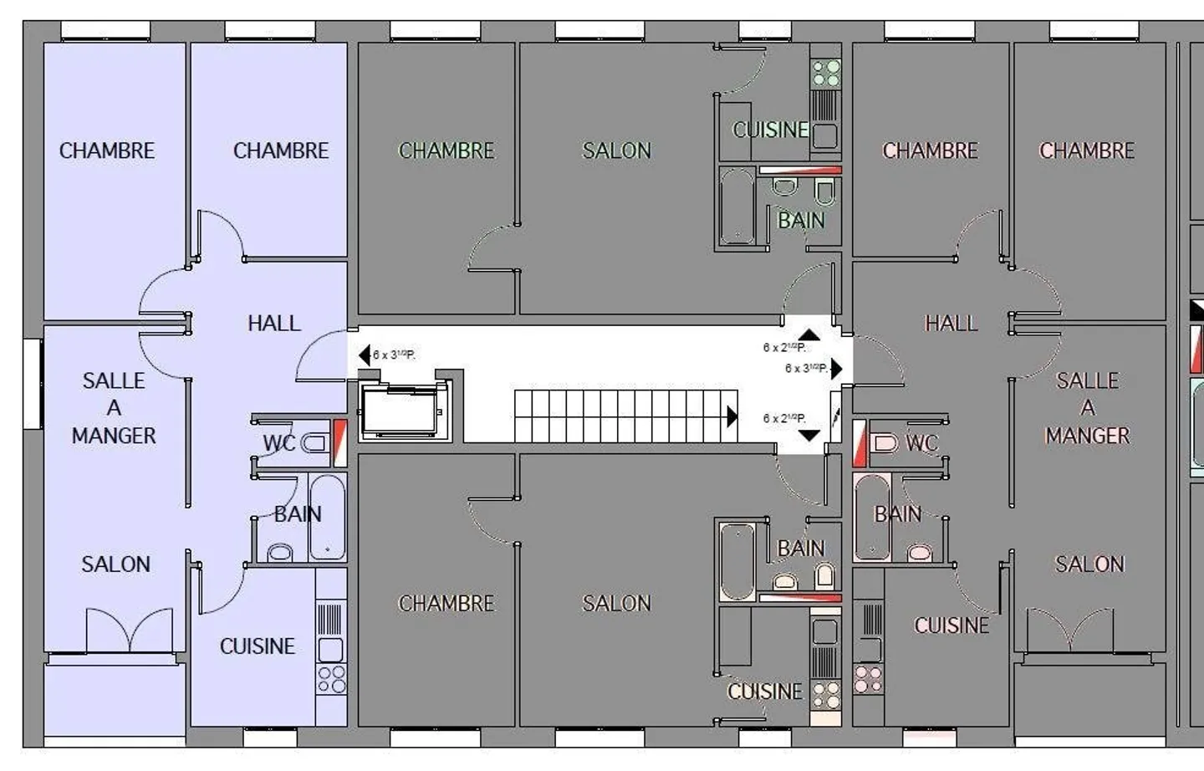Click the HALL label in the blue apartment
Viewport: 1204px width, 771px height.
(x=273, y=323)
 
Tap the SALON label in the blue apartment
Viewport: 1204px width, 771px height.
(x=115, y=564)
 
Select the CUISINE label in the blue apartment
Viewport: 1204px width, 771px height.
(x=257, y=646)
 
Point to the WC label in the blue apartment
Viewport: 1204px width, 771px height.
(x=278, y=442)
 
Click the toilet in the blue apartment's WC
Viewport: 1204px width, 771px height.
(x=315, y=442)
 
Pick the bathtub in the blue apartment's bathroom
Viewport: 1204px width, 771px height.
(x=327, y=517)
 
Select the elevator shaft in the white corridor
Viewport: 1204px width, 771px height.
(x=400, y=410)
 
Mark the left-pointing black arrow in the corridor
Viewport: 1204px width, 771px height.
(x=364, y=355)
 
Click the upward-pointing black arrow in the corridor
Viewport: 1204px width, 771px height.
(x=809, y=334)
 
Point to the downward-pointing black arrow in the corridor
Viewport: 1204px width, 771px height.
(x=809, y=436)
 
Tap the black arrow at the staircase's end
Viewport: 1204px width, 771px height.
(x=732, y=416)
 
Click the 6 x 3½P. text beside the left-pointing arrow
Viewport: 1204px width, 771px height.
(x=394, y=355)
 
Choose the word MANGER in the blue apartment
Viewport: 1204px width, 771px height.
(x=114, y=436)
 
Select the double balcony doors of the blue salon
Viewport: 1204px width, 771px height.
(x=130, y=630)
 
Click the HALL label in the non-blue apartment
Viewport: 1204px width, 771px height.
(x=951, y=323)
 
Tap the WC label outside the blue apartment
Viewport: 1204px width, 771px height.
(x=921, y=442)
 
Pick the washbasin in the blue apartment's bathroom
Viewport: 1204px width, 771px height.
(x=280, y=552)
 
